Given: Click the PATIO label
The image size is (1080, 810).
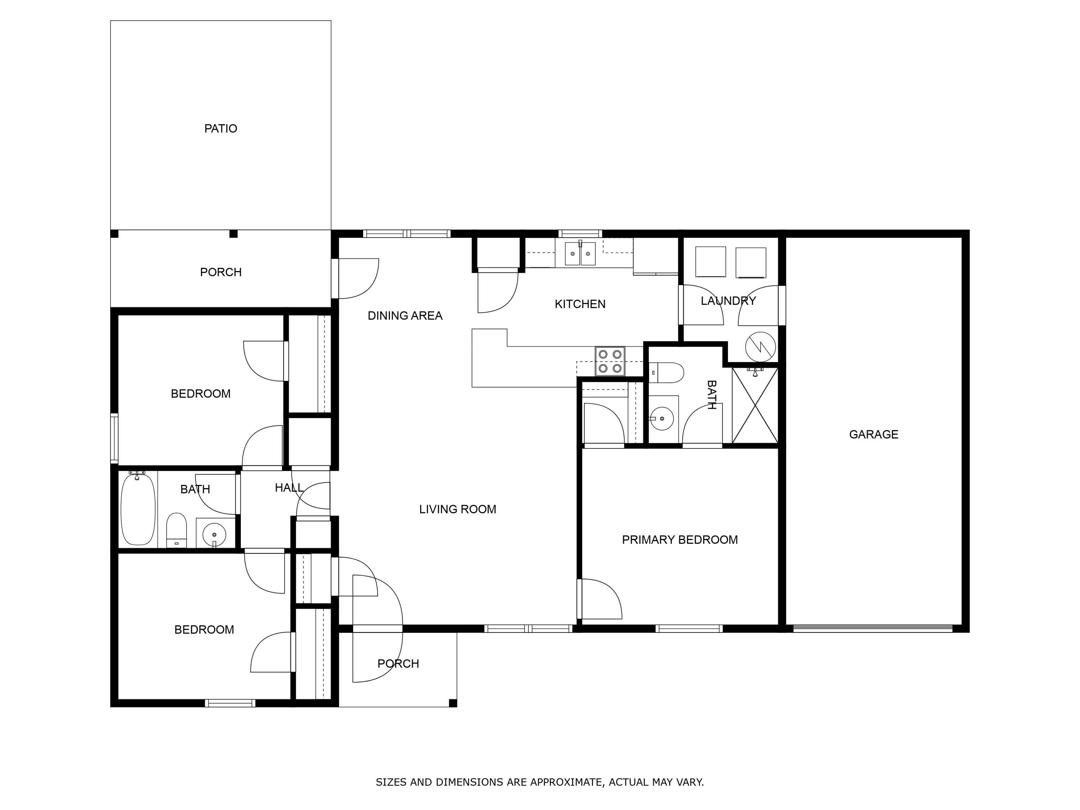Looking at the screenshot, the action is [221, 129].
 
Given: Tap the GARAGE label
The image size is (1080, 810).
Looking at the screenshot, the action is [873, 434].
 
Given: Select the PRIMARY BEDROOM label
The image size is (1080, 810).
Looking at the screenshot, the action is [680, 540].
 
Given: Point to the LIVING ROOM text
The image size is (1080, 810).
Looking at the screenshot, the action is [458, 509].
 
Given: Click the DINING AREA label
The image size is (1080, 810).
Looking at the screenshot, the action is [405, 316].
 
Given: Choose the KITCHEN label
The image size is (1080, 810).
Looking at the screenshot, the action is [580, 304].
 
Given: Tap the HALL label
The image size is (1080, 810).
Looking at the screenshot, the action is [289, 487].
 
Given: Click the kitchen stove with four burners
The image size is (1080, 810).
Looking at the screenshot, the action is [610, 361].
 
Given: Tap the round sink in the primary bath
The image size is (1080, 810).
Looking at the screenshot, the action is [662, 418].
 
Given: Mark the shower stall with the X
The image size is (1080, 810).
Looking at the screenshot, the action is [755, 405].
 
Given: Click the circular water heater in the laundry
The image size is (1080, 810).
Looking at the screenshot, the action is [760, 347].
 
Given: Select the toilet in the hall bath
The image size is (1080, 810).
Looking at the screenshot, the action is [176, 530].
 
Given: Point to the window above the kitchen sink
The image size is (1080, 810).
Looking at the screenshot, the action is [580, 233].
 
